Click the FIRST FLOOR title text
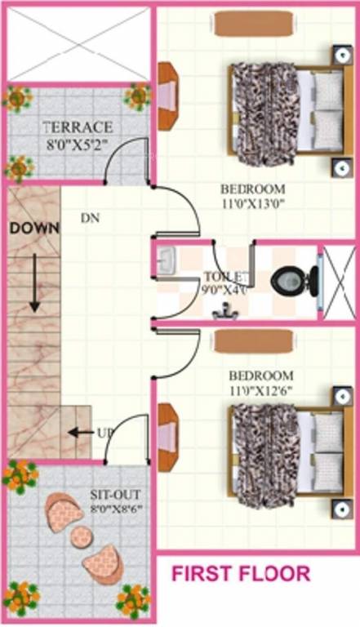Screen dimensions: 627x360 (x=240, y=574)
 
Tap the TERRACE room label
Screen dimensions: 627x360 (x=78, y=127)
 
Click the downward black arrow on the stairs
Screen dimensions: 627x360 (x=34, y=282)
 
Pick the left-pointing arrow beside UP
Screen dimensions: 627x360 (x=79, y=432)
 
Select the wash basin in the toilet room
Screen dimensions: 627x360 (x=167, y=260)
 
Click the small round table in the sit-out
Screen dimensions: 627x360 (x=82, y=536)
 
